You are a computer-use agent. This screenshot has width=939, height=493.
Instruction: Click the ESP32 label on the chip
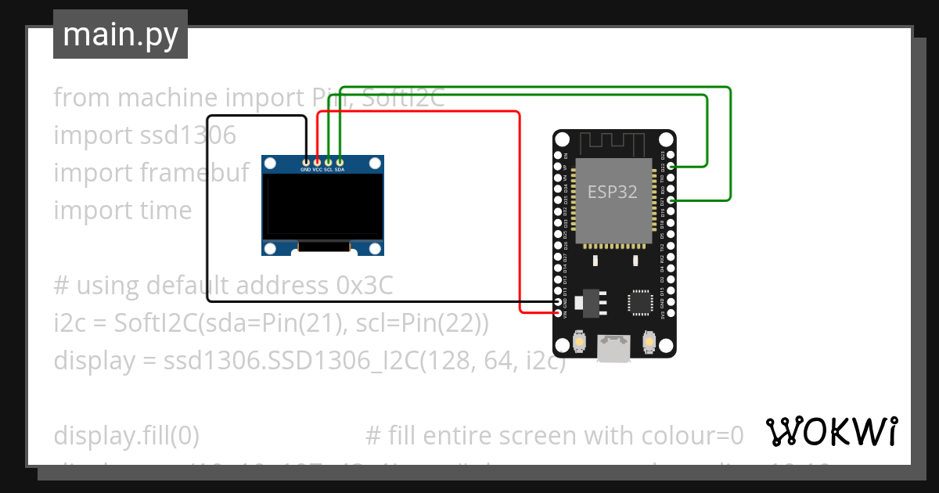click(x=613, y=192)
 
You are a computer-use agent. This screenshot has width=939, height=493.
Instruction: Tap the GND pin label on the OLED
click(x=305, y=169)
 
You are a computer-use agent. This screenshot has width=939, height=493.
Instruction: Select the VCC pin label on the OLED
click(x=317, y=169)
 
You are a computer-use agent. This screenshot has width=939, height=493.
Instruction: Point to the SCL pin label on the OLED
click(x=329, y=169)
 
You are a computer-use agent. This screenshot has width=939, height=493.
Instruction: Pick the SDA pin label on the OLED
click(x=340, y=169)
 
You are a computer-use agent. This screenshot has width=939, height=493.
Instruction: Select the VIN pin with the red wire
click(x=557, y=313)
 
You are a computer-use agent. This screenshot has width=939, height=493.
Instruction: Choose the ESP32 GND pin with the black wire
click(x=557, y=302)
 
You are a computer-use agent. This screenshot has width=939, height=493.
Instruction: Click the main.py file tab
click(x=121, y=34)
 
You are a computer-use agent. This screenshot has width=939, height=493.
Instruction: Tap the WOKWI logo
click(x=832, y=431)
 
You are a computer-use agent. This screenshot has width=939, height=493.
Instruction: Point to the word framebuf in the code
click(x=196, y=173)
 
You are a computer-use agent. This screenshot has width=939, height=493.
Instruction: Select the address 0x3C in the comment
click(x=364, y=286)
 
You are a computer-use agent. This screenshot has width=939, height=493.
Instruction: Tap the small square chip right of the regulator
click(x=639, y=302)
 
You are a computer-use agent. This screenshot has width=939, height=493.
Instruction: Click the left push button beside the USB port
click(x=580, y=342)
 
